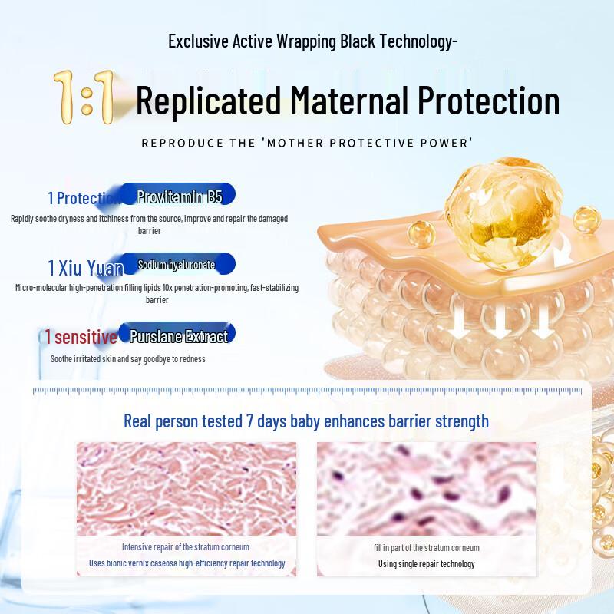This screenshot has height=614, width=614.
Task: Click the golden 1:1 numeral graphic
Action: click(84, 97)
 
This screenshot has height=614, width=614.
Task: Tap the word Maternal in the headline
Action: click(350, 101)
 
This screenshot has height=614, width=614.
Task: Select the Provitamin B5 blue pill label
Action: click(178, 194)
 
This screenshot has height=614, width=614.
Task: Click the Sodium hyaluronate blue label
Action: click(178, 264)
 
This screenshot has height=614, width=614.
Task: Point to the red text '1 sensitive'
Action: click(81, 337)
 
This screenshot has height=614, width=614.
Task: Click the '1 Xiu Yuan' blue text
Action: click(85, 268)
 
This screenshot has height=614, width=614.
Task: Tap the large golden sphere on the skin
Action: click(503, 213)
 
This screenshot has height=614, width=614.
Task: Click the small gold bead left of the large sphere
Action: click(421, 234)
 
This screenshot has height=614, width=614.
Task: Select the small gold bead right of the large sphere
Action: click(586, 220)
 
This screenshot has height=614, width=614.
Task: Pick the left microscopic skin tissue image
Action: click(187, 489)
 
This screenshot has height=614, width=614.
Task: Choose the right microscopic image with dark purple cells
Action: click(427, 489)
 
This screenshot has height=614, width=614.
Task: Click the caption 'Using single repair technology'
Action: click(427, 564)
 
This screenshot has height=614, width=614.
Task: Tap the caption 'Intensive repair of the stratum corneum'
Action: click(186, 547)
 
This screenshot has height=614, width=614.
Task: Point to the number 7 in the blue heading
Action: click(249, 421)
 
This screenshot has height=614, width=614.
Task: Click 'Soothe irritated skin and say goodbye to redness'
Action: click(127, 359)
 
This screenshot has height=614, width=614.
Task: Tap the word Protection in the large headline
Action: click(489, 101)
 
